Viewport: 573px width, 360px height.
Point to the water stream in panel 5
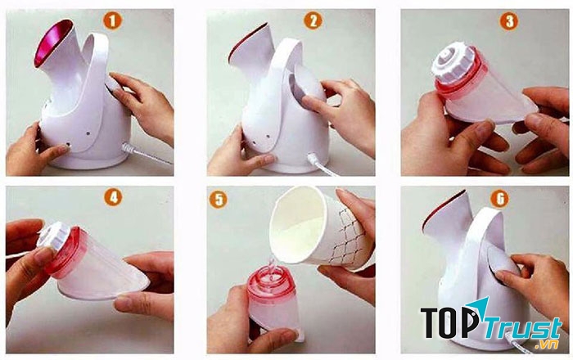267,263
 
